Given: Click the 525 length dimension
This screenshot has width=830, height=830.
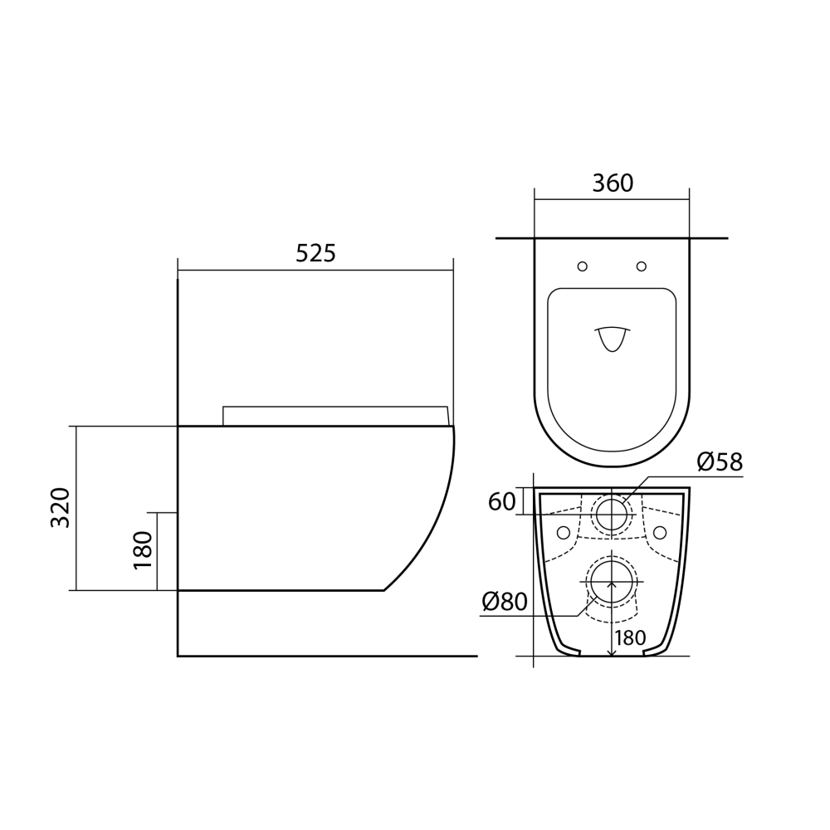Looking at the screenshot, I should (x=315, y=254).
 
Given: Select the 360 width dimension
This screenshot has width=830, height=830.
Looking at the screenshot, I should (x=612, y=183).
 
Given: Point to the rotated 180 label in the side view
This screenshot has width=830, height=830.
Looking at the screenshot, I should (x=142, y=550).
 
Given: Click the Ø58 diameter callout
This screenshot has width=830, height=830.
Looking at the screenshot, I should (x=719, y=462).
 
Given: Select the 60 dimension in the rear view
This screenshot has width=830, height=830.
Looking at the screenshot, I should (x=501, y=501).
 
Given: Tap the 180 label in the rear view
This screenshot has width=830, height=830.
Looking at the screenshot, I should (x=630, y=639).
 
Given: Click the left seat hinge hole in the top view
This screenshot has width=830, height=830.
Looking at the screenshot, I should (x=582, y=266).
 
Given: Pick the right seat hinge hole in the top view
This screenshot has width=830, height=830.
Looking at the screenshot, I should (x=642, y=266).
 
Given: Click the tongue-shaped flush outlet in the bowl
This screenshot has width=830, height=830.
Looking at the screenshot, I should (x=612, y=338).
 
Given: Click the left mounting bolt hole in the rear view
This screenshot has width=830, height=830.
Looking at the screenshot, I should (x=564, y=531).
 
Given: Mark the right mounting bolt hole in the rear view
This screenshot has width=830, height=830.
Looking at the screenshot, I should (x=660, y=531).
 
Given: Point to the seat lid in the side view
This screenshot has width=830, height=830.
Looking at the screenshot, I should (x=336, y=416).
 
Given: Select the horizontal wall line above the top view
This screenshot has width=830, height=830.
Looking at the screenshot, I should (x=612, y=238).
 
